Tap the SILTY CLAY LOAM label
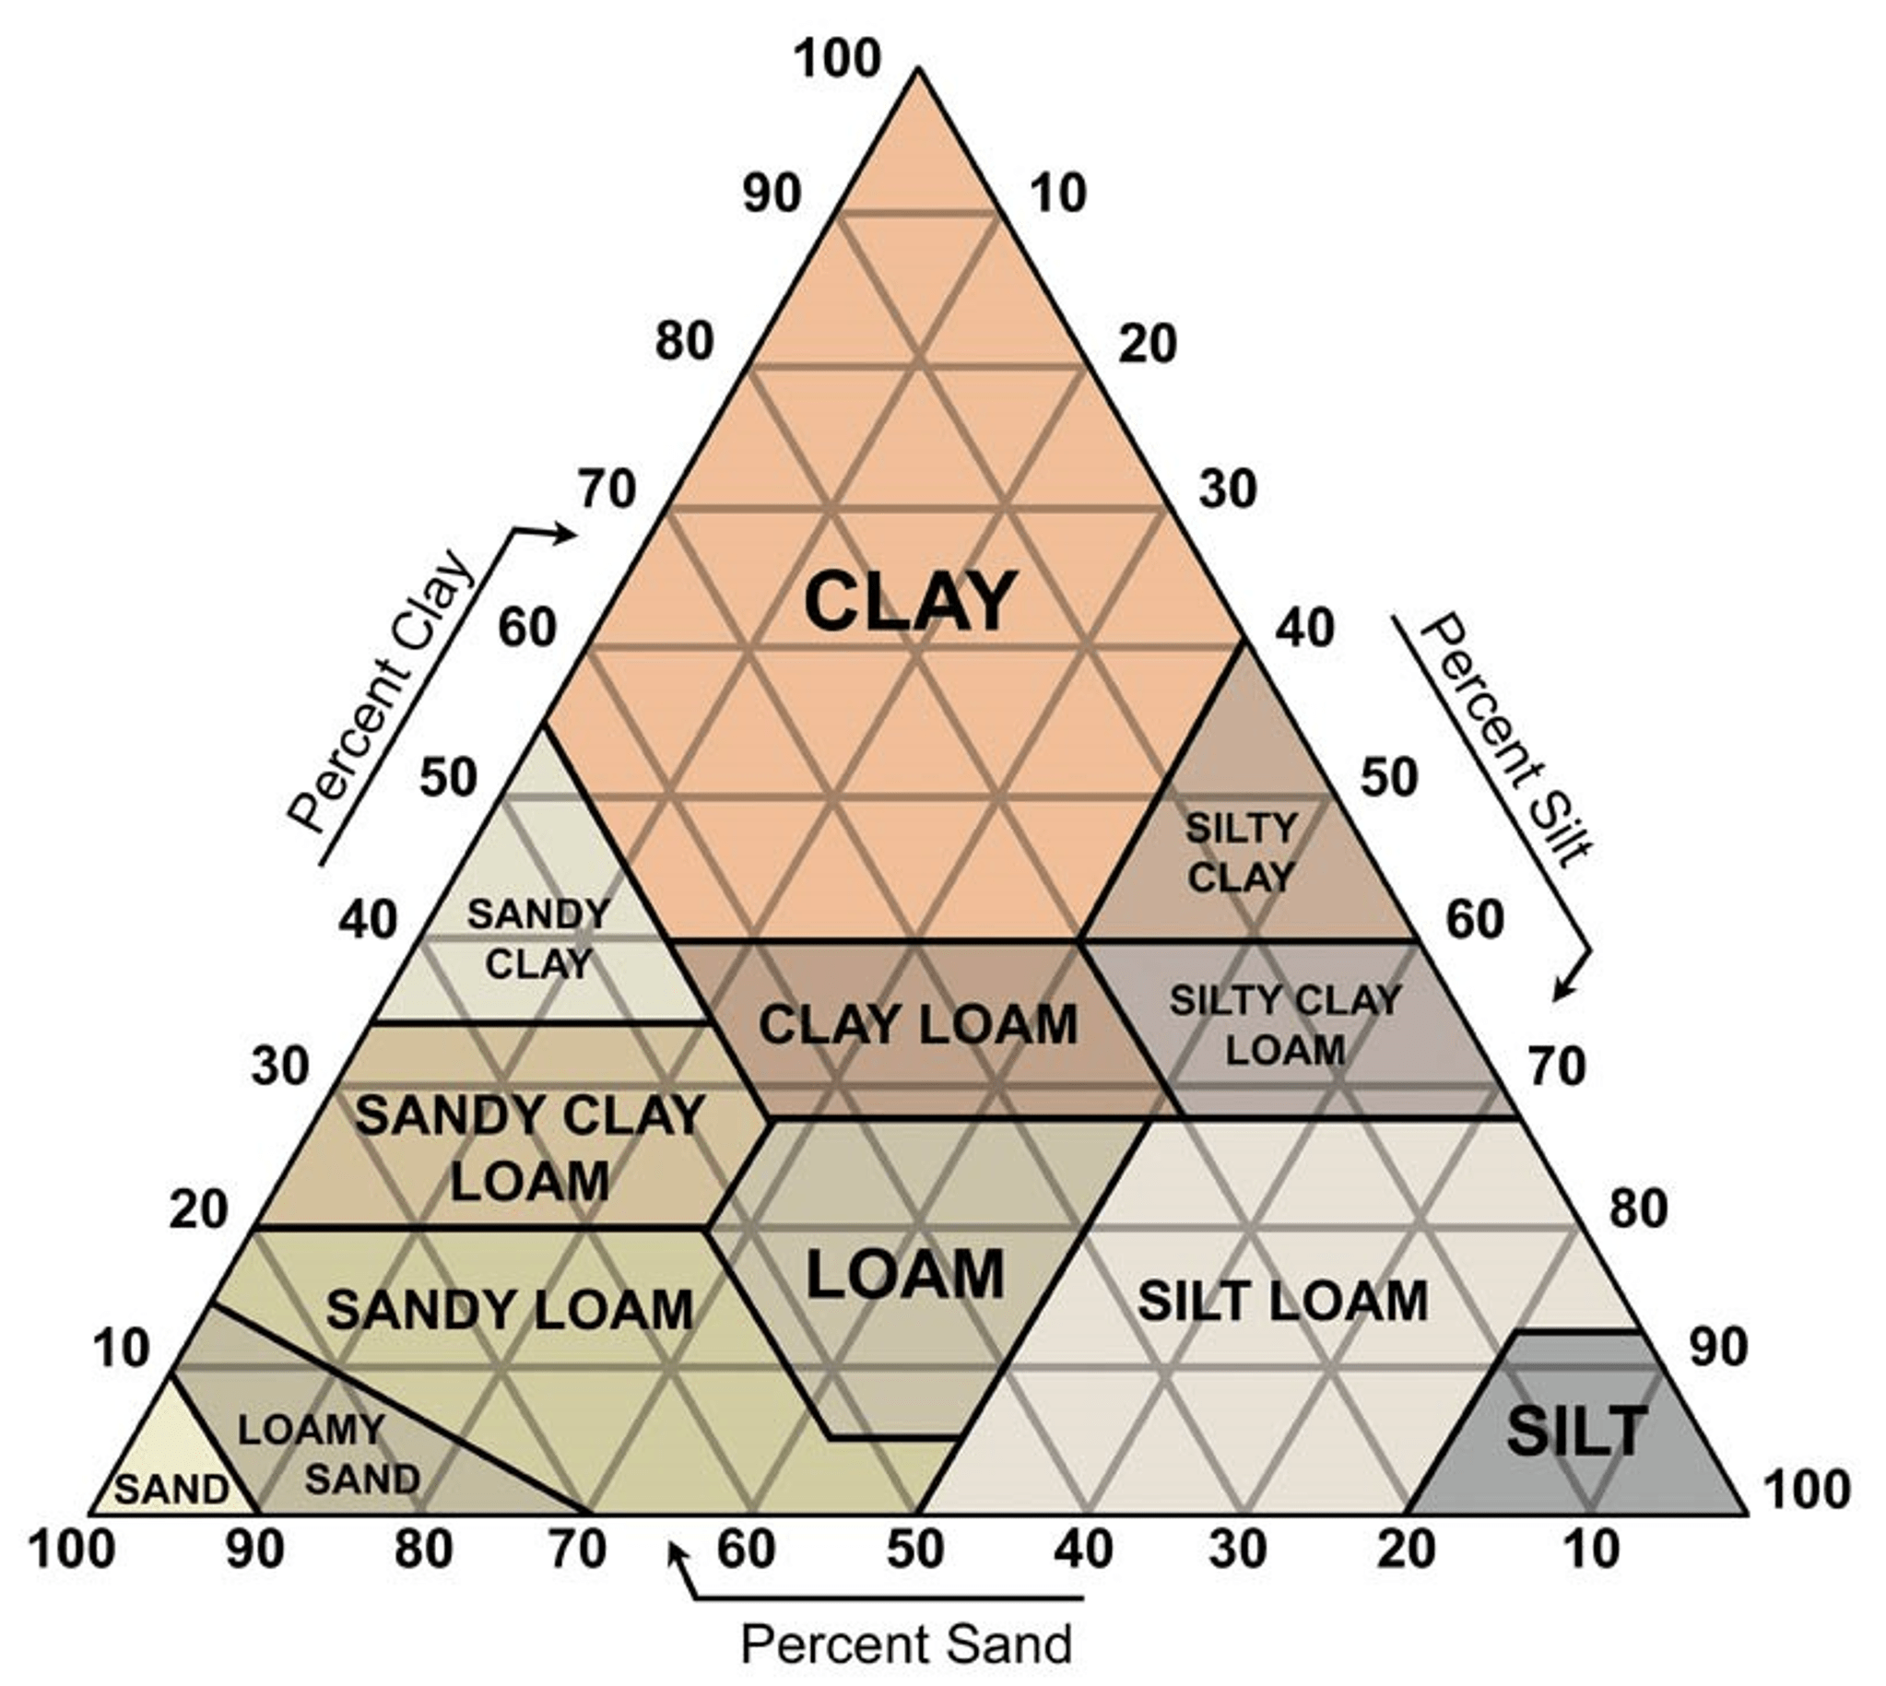tap(1285, 1024)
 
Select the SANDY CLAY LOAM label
tap(529, 1148)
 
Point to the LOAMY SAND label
tap(329, 1454)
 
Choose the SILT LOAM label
tap(1282, 1302)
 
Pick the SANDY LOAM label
tap(510, 1310)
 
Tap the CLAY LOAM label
tap(918, 1024)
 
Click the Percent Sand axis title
tap(906, 1644)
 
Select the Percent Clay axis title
tap(381, 690)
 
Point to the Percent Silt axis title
tap(1505, 741)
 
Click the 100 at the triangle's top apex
tap(837, 59)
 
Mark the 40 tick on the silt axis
tap(1305, 627)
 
